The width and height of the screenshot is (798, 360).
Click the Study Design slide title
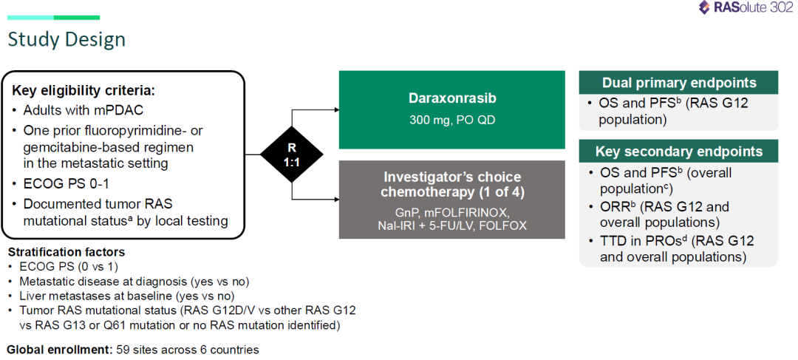(x=66, y=40)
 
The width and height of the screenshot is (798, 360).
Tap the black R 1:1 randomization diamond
(x=292, y=154)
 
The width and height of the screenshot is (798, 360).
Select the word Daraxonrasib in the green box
(x=452, y=98)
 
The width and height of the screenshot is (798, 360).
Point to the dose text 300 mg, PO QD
(x=452, y=120)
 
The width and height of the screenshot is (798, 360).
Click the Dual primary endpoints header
(x=679, y=83)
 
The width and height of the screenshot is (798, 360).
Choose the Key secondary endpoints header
(x=679, y=152)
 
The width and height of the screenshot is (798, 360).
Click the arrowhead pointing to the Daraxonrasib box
(x=336, y=109)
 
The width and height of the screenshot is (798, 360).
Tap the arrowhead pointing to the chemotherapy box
(x=336, y=199)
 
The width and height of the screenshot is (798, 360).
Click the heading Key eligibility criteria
(x=83, y=91)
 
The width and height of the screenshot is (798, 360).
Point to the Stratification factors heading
(x=66, y=252)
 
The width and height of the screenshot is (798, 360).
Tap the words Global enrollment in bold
(x=60, y=350)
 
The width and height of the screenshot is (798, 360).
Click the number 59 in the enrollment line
(x=123, y=350)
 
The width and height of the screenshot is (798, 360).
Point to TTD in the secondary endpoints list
(x=613, y=241)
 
